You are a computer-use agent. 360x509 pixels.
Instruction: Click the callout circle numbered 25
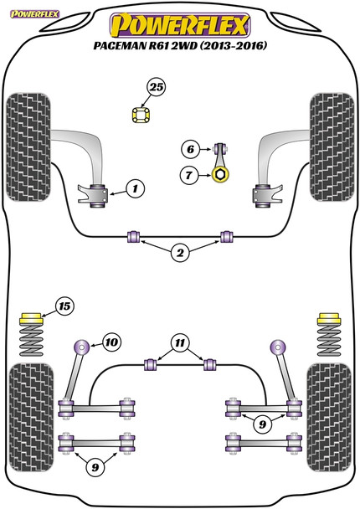pos(157,87)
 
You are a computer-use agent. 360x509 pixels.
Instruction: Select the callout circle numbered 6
pos(190,149)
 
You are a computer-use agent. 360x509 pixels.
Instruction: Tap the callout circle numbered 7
pos(189,176)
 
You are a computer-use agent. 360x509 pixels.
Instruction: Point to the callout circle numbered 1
pos(135,188)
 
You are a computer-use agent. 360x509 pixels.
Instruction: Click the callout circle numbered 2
pos(180,252)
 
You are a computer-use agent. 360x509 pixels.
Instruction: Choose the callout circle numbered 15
pos(64,306)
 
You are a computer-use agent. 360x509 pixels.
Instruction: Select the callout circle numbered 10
pos(111,342)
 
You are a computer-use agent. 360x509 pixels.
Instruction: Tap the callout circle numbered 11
pos(180,342)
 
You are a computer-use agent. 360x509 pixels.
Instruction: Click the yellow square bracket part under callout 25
pos(141,116)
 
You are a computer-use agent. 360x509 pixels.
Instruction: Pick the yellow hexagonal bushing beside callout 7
pos(220,175)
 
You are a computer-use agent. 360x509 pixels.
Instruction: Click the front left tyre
pos(28,147)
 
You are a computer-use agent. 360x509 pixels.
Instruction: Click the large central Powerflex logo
pos(180,25)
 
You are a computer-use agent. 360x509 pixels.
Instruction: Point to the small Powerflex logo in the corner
pos(34,14)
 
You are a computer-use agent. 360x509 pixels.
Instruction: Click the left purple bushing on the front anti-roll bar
pos(133,236)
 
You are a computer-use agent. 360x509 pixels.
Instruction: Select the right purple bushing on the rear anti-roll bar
pos(209,364)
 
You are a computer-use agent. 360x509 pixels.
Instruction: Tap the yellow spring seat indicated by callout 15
pos(31,318)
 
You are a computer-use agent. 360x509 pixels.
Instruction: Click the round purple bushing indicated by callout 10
pos(81,347)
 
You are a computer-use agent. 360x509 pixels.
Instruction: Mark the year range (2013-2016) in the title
pos(233,46)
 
